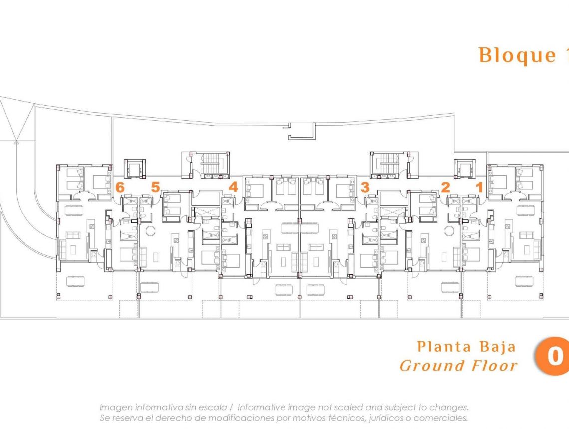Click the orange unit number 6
click(119, 188)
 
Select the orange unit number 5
click(155, 188)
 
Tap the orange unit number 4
click(233, 188)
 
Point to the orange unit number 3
click(365, 188)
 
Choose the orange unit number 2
click(445, 188)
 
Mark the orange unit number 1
click(479, 188)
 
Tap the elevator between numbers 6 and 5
click(134, 169)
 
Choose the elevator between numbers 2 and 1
click(463, 169)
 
